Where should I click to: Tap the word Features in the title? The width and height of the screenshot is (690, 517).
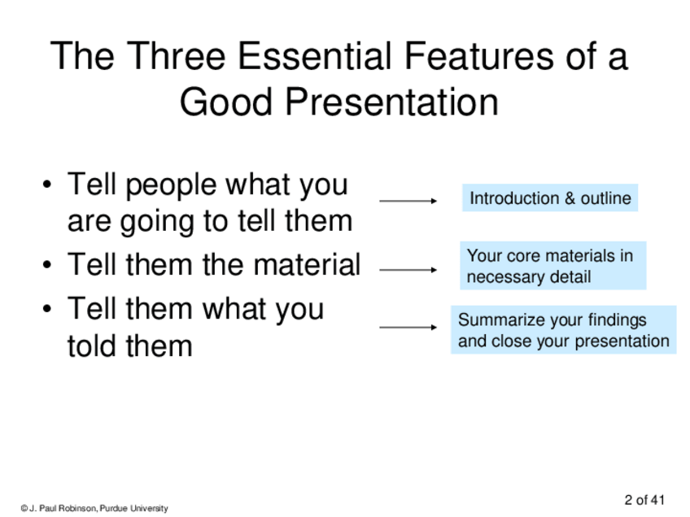478,55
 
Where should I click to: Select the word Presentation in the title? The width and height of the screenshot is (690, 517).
392,102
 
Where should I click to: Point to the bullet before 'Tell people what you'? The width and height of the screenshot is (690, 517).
47,185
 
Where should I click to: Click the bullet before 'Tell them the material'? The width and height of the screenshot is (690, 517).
47,265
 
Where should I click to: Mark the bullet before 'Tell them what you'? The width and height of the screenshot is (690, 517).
47,309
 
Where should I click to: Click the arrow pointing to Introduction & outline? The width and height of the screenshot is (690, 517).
408,201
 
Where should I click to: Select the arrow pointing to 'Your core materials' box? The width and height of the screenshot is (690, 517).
408,270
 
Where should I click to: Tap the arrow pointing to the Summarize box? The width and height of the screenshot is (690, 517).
408,327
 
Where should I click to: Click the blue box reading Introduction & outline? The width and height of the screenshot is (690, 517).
550,198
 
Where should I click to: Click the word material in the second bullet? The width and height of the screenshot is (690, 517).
307,265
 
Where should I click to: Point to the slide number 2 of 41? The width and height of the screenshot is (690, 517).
644,500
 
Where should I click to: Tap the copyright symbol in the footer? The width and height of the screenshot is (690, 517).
24,509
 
